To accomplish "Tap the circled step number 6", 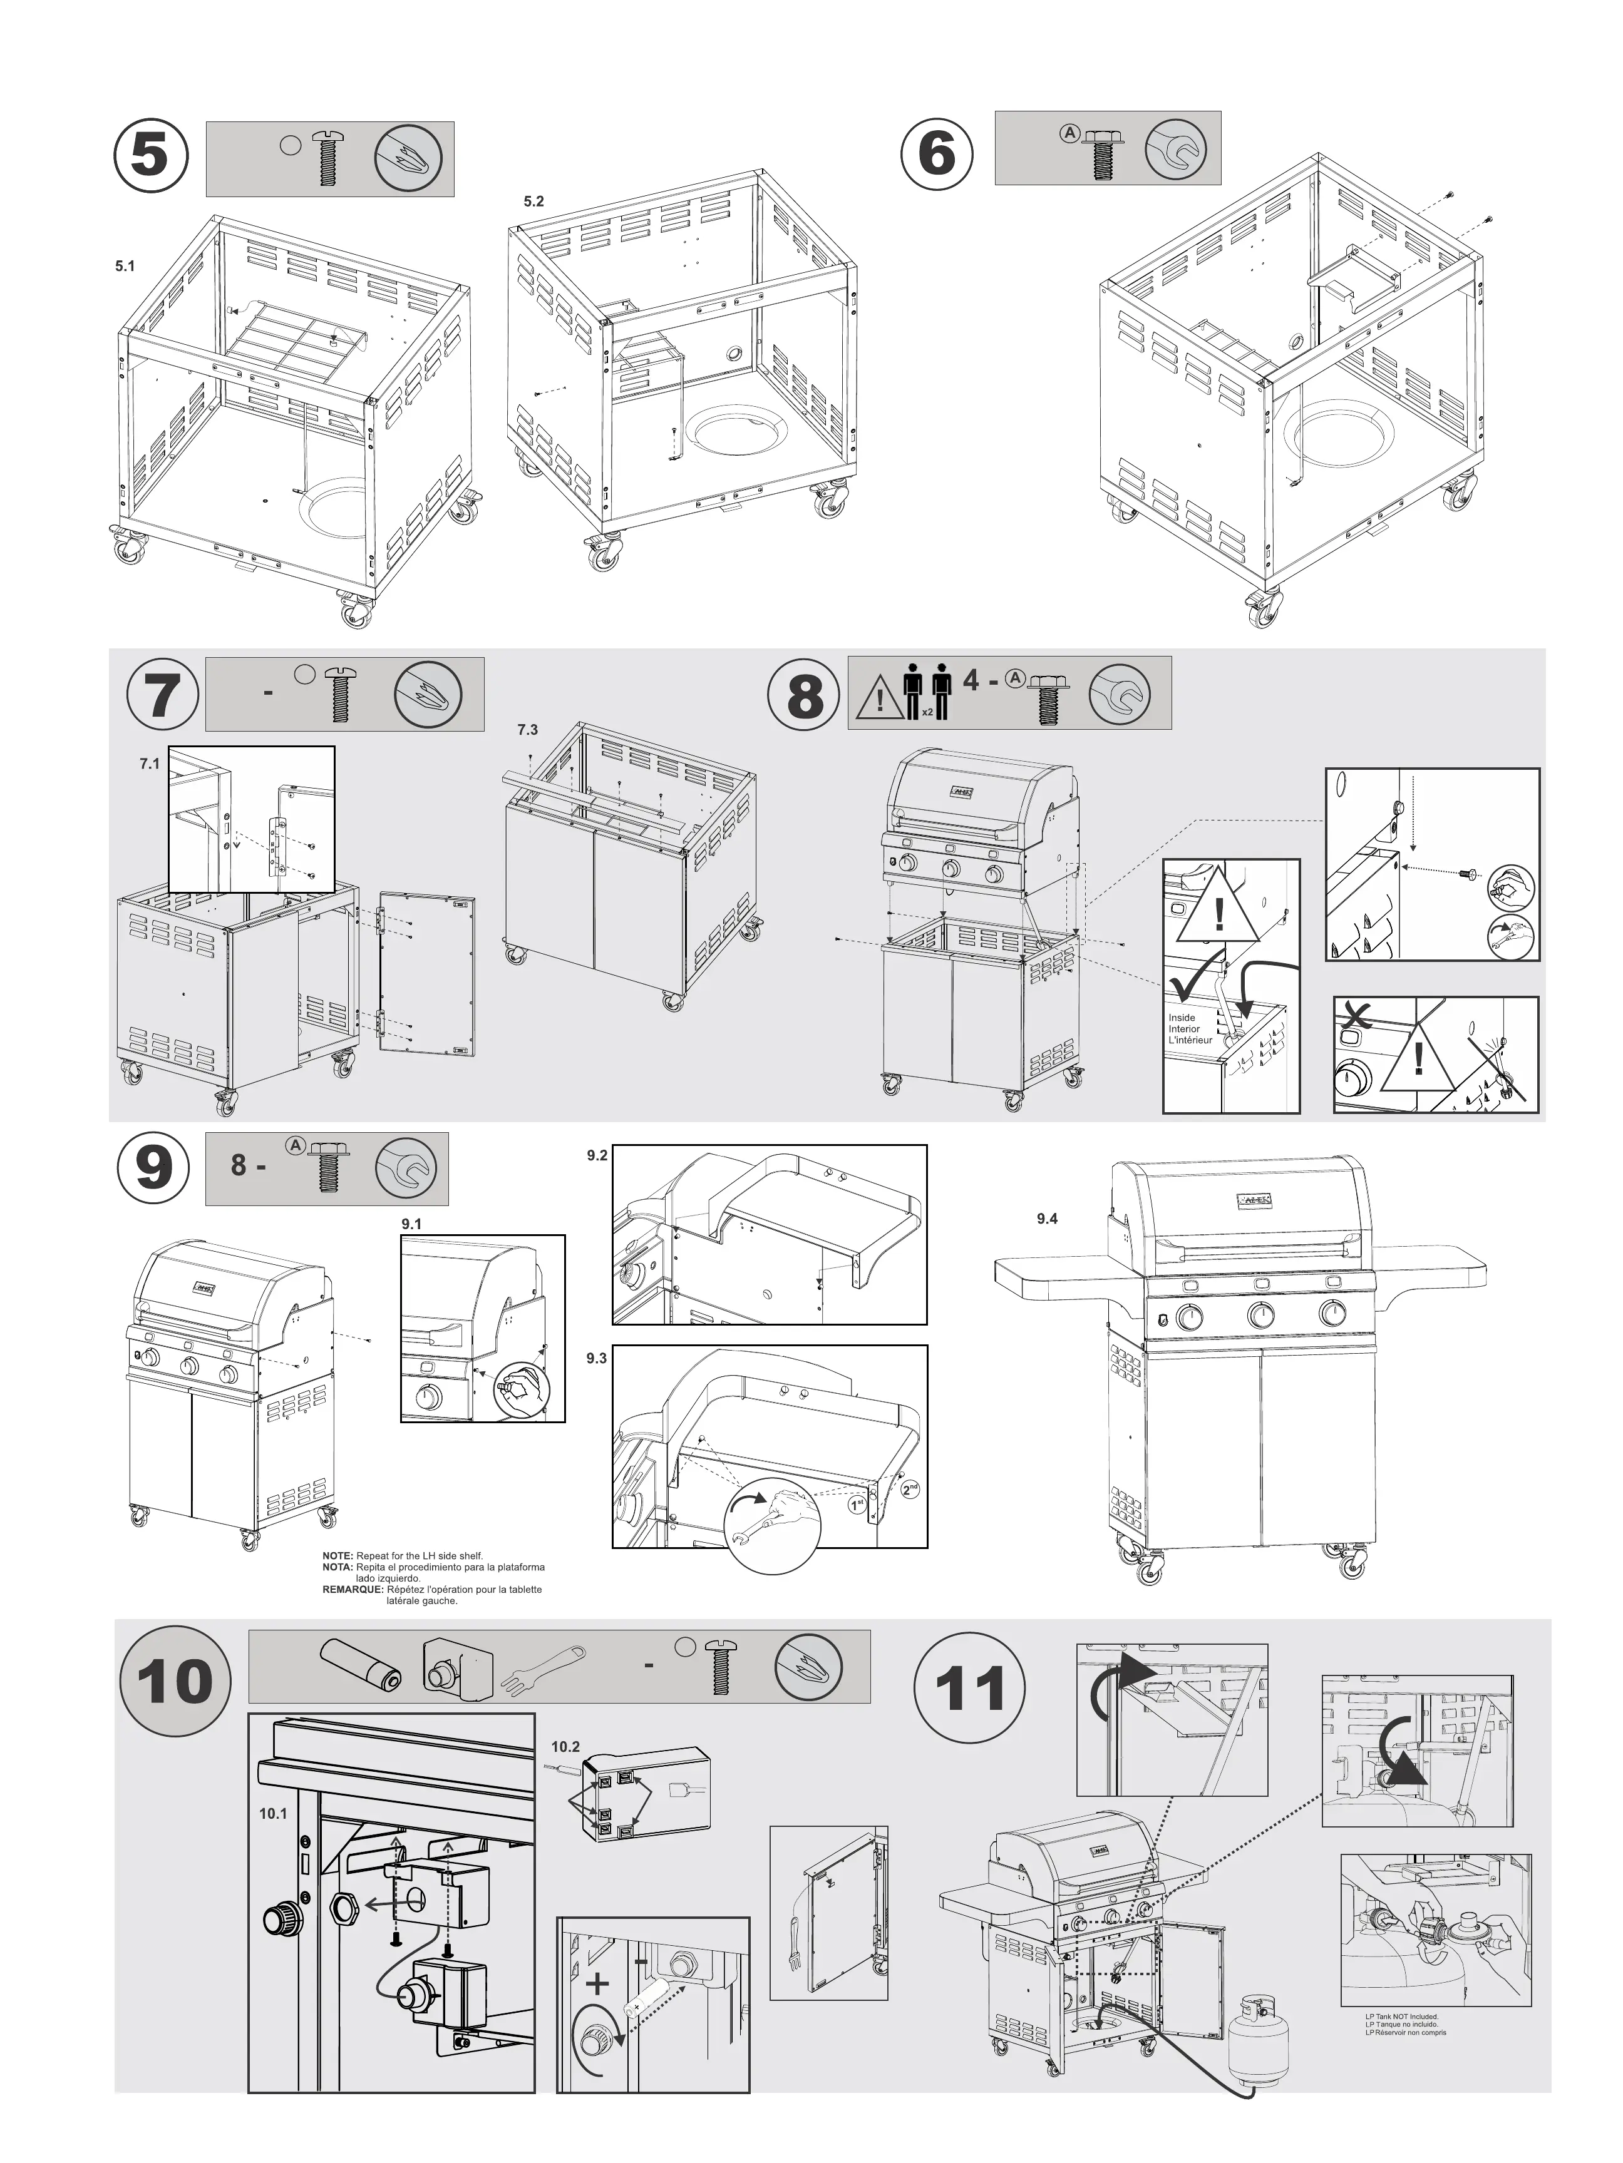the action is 936,153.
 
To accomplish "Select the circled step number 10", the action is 174,1681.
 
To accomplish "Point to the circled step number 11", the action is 969,1689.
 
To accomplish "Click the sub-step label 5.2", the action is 533,202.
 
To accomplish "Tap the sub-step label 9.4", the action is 1047,1219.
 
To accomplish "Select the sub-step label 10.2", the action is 565,1746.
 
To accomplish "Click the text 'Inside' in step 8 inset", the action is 1181,1018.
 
